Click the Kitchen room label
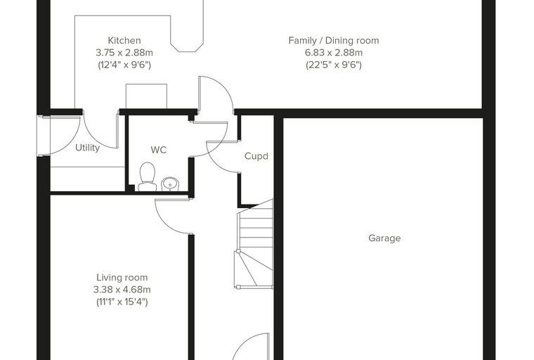pyautogui.click(x=124, y=41)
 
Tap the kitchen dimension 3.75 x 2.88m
pyautogui.click(x=124, y=53)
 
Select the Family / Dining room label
pyautogui.click(x=334, y=41)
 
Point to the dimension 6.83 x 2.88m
pyautogui.click(x=334, y=53)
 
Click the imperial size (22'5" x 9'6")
pyautogui.click(x=334, y=65)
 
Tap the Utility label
pyautogui.click(x=88, y=148)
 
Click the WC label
pyautogui.click(x=159, y=150)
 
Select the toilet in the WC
pyautogui.click(x=147, y=176)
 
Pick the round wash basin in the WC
pyautogui.click(x=170, y=184)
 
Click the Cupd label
pyautogui.click(x=256, y=156)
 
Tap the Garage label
pyautogui.click(x=384, y=238)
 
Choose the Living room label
pyautogui.click(x=122, y=278)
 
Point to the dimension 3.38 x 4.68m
pyautogui.click(x=122, y=290)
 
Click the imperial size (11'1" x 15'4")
pyautogui.click(x=122, y=302)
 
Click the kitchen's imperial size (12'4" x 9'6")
pyautogui.click(x=124, y=65)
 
